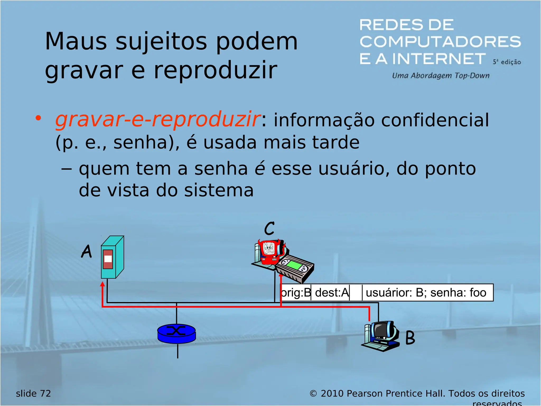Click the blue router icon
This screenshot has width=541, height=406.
pos(176,334)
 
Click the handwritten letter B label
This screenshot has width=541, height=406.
pos(410,338)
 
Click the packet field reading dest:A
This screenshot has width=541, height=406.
pos(332,293)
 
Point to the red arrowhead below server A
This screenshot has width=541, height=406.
pos(102,284)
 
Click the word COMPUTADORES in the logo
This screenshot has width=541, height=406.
pos(440,42)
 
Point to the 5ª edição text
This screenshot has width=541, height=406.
pos(506,62)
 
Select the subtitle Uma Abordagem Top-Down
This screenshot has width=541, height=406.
pos(441,76)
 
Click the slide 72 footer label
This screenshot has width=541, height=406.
pos(33,394)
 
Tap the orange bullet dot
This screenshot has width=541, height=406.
pos(39,118)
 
